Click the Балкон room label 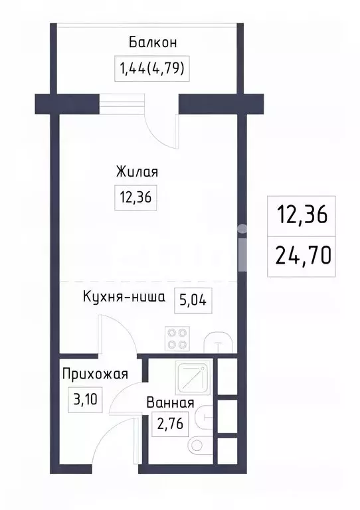(153, 43)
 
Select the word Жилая (137, 172)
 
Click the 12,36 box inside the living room (136, 197)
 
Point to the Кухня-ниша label (124, 297)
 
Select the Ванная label (170, 402)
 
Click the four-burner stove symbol (177, 339)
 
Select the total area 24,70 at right (303, 254)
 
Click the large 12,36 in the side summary (303, 216)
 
